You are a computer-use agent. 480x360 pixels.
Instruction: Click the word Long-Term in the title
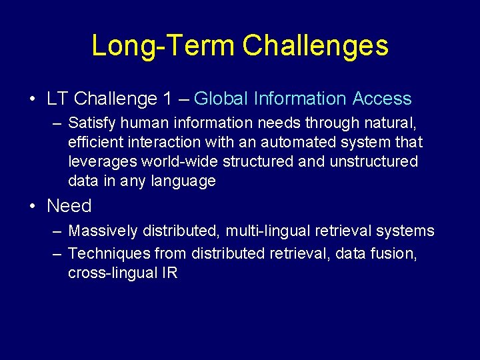pos(163,46)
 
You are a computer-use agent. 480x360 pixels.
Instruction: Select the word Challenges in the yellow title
pos(315,46)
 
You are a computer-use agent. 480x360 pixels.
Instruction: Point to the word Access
pos(382,99)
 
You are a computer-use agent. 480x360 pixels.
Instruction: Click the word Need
pos(69,206)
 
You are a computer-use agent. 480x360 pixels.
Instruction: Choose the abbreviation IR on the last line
pos(169,273)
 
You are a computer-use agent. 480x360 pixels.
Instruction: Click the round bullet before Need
pos(33,206)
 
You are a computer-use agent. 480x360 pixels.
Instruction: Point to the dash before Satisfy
pos(55,123)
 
